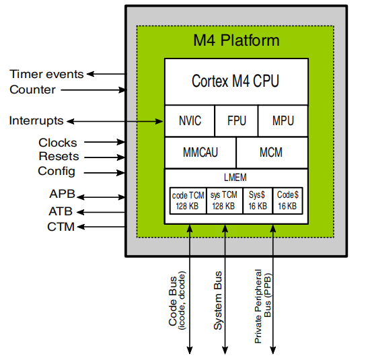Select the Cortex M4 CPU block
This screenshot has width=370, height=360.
236,81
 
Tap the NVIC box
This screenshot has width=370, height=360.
190,121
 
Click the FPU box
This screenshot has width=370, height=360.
236,121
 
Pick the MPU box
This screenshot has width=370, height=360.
283,121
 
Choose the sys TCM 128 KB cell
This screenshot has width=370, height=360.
224,200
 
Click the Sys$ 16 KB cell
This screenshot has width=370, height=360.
258,200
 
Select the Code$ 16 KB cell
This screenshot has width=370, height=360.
288,200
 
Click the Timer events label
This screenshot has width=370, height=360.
46,74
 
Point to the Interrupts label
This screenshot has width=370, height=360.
36,121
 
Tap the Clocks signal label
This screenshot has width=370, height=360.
57,143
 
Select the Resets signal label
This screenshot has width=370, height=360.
58,157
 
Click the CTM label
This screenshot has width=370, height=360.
61,225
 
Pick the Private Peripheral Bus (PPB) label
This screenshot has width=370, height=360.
262,306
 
